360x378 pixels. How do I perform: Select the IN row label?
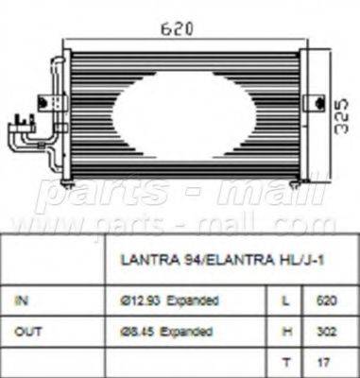(22, 300)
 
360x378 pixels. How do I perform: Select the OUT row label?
(26, 331)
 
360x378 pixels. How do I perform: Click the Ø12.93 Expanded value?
(180, 300)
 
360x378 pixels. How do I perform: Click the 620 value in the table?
(323, 300)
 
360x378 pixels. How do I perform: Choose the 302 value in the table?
(323, 331)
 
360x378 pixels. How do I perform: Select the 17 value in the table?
(323, 360)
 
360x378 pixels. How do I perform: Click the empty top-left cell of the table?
(57, 261)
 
